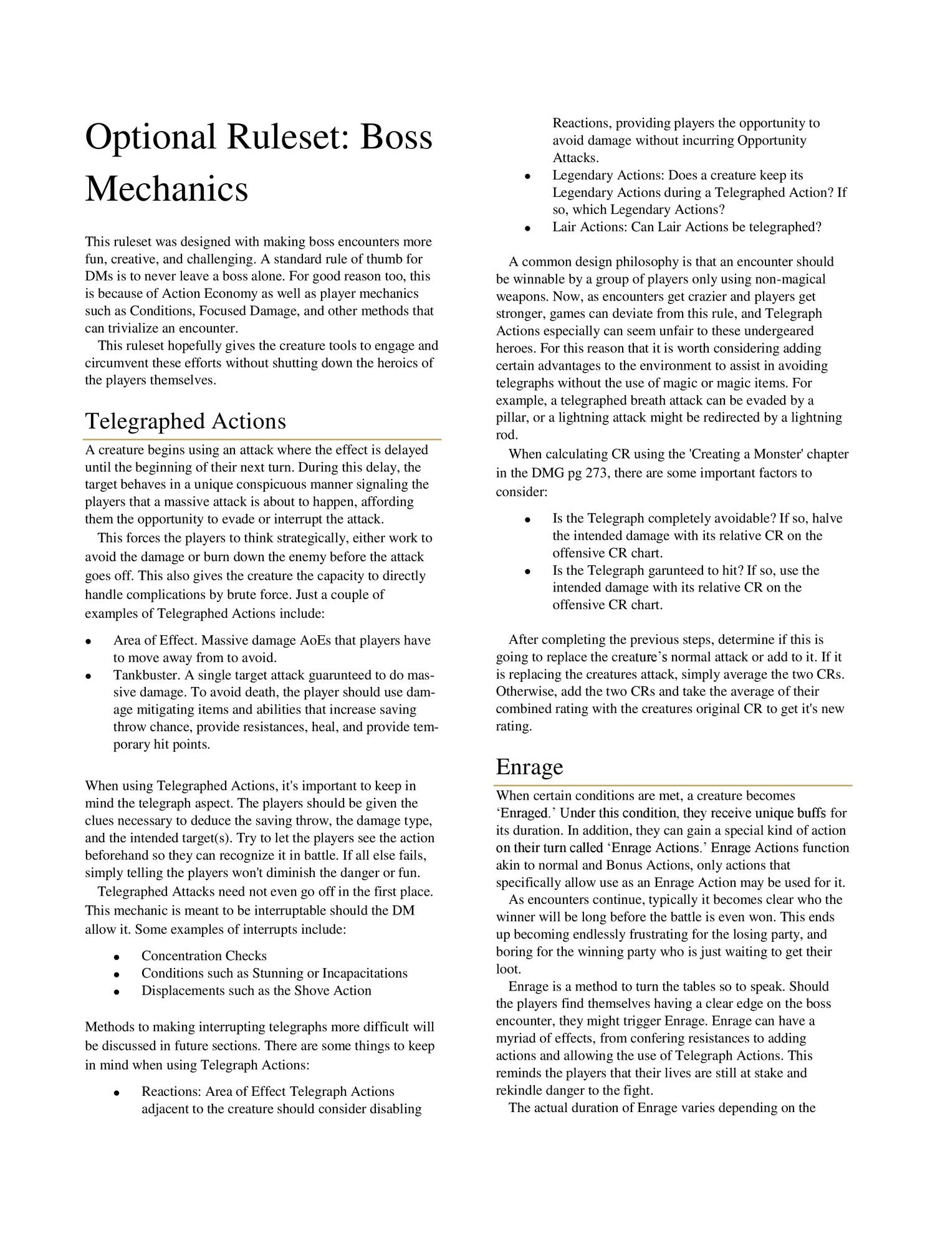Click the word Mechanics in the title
tap(166, 190)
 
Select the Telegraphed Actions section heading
tap(185, 421)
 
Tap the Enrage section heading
tap(529, 767)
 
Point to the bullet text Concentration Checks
tap(204, 956)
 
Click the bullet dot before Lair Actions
tap(527, 228)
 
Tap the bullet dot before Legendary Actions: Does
tap(527, 176)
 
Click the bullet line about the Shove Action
tap(256, 991)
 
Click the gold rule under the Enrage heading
tap(674, 785)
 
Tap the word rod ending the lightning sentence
tap(506, 434)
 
